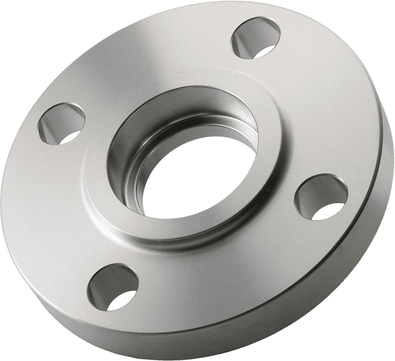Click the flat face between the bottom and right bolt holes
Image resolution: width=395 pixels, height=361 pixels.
click(x=233, y=293)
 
